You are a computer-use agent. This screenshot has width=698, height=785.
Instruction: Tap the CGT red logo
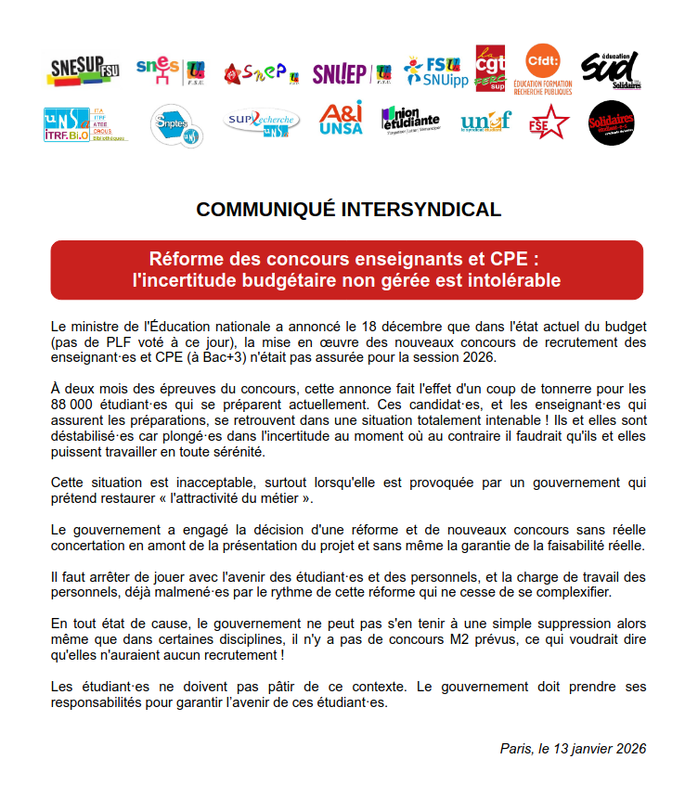pos(489,69)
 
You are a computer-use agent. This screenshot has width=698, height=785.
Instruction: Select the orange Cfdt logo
pos(548,70)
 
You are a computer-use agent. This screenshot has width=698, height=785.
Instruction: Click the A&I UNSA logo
pos(341,120)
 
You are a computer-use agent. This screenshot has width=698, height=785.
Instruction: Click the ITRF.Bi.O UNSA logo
pos(85,123)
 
